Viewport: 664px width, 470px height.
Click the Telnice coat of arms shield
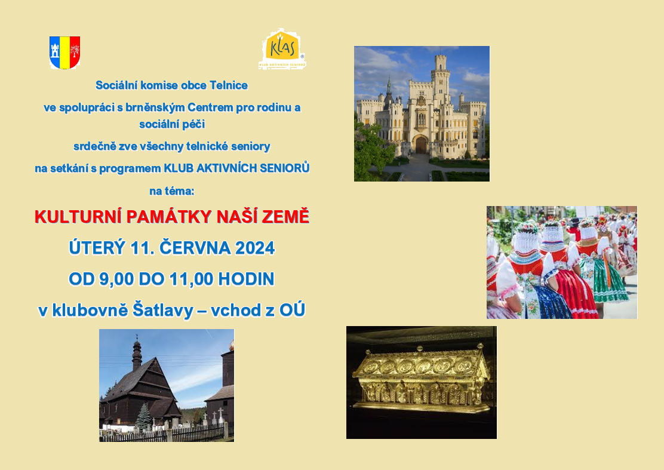[65, 52]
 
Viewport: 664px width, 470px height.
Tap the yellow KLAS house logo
[282, 49]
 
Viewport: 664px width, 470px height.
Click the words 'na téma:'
[171, 191]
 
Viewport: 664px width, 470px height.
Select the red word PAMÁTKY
[169, 217]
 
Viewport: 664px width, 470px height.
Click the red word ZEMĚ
[285, 217]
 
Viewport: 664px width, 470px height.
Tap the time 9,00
[116, 279]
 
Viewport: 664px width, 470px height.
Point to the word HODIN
[246, 279]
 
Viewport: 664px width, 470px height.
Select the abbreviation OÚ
[292, 310]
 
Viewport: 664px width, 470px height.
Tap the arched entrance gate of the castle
[421, 145]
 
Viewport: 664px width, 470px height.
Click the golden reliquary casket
[422, 379]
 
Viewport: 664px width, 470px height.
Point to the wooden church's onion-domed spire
[136, 354]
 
